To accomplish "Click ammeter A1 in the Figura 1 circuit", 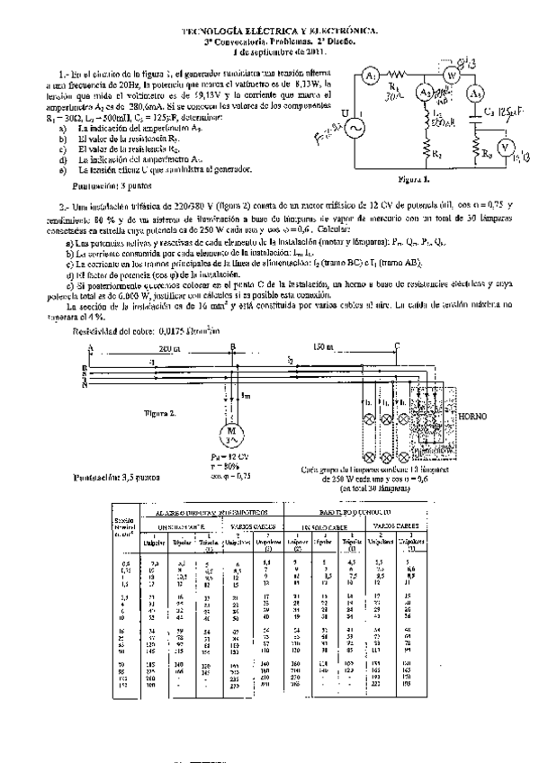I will tap(369, 76).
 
